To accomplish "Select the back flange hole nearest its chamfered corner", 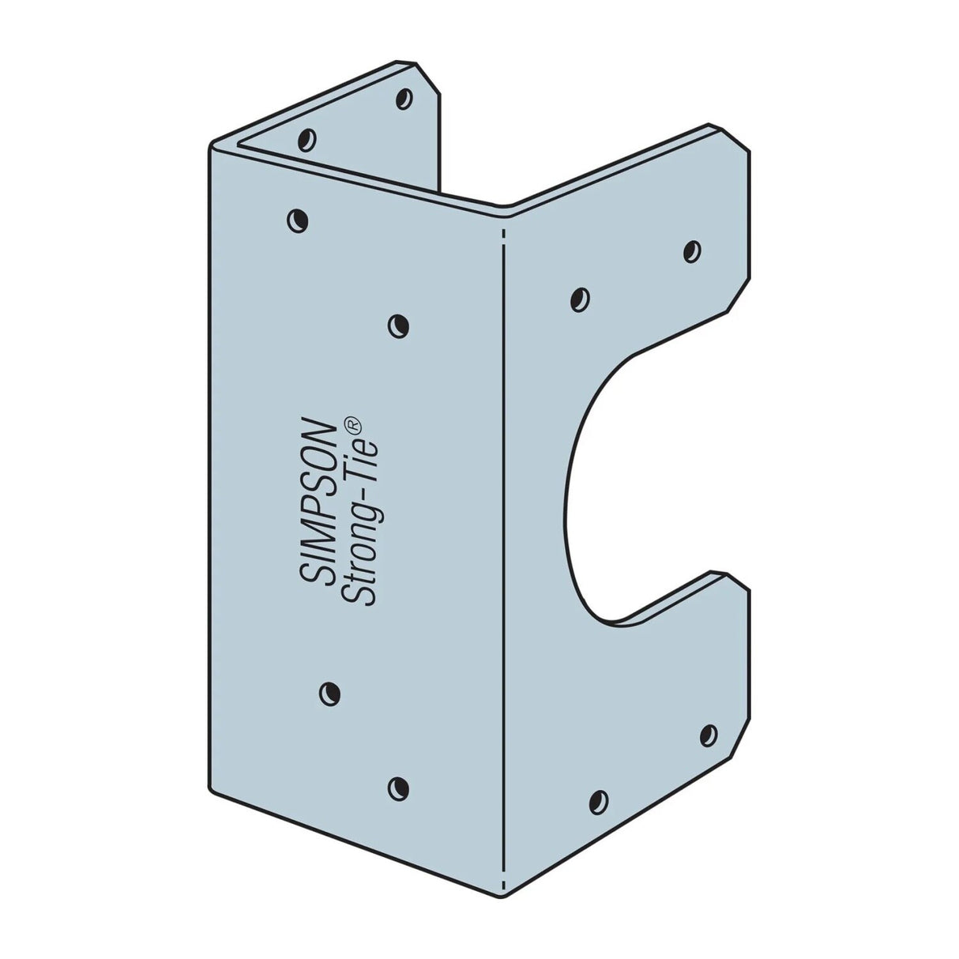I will (x=404, y=99).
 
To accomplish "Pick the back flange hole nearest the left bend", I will (x=307, y=140).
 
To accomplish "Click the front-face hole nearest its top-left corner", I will (x=297, y=220).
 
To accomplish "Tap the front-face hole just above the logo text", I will (x=399, y=325).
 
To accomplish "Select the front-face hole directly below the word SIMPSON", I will (x=329, y=694).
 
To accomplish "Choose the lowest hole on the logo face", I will (x=399, y=786).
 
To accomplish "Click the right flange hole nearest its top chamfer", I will (x=691, y=252).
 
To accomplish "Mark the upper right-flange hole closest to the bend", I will (x=580, y=299).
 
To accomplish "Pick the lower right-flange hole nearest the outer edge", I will (x=709, y=735).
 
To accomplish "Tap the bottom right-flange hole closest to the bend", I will (x=599, y=801).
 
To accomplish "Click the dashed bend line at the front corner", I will (x=503, y=553).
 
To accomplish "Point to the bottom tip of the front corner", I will (x=504, y=896).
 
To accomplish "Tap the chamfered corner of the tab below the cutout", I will (x=735, y=579).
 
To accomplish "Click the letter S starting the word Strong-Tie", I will (x=367, y=595).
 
